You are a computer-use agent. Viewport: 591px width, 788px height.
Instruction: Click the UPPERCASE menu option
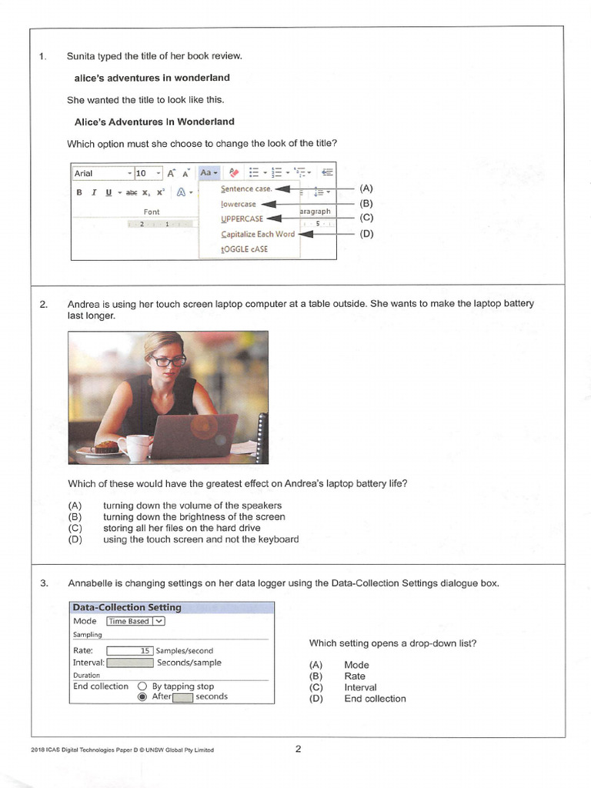(242, 219)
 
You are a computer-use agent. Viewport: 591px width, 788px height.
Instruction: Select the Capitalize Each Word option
(258, 234)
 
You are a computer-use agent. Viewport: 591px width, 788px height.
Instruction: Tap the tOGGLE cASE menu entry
(244, 249)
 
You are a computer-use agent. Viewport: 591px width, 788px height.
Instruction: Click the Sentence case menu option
(246, 189)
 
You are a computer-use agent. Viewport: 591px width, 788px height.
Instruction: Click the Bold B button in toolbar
(79, 192)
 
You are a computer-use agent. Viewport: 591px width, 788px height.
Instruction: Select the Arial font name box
(103, 173)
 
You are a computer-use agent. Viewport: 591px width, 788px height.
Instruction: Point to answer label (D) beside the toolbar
(366, 234)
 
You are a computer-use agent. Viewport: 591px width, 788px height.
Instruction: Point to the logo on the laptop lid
(203, 426)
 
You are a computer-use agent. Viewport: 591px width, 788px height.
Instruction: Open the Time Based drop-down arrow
(159, 621)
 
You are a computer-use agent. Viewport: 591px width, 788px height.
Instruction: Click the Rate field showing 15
(129, 651)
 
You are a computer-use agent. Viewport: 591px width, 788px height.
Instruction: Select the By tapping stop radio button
(142, 686)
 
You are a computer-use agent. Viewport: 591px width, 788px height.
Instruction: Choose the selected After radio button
(142, 696)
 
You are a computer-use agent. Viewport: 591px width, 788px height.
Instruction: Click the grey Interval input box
(129, 663)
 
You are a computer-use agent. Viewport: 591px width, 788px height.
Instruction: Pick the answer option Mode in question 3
(357, 665)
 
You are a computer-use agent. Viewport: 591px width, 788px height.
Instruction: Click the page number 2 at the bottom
(298, 749)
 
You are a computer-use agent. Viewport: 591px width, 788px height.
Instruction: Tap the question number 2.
(44, 304)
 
